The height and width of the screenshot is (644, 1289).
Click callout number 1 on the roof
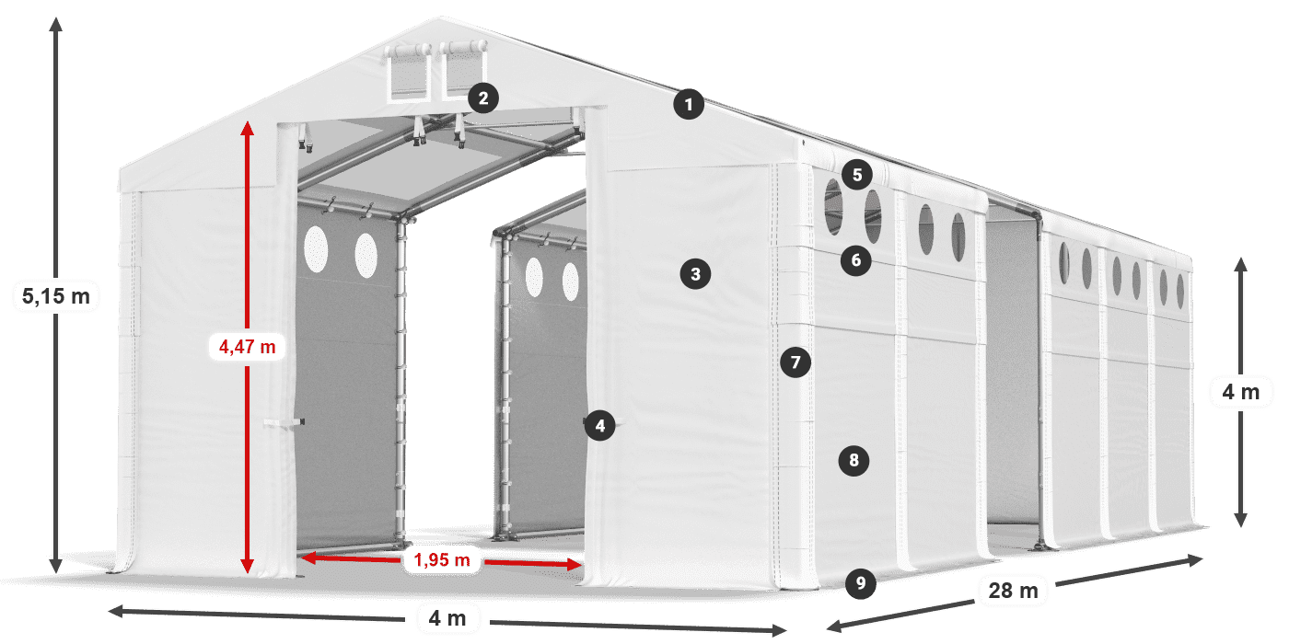[x=689, y=105]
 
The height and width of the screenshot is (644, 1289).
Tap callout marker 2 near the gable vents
[x=483, y=98]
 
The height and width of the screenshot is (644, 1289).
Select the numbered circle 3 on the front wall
[x=695, y=274]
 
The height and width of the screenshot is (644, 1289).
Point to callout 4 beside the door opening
[x=599, y=426]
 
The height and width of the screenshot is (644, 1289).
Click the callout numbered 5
[x=857, y=175]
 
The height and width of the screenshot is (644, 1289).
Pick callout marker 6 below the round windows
[x=855, y=260]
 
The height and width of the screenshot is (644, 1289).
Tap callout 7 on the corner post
[x=795, y=362]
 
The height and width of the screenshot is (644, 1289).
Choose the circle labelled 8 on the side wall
[x=854, y=461]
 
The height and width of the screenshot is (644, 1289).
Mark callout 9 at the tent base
[x=860, y=583]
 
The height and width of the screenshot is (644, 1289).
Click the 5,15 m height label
[x=56, y=296]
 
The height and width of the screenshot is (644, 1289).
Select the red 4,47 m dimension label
[x=247, y=347]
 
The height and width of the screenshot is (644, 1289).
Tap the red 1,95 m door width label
[x=442, y=559]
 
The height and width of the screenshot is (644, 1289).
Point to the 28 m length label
[x=1013, y=591]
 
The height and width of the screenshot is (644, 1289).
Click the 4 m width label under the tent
[x=447, y=618]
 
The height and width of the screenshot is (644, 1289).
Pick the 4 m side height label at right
[x=1241, y=392]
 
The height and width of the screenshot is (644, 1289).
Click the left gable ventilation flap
[x=408, y=73]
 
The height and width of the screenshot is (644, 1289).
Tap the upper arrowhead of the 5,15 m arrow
[x=56, y=24]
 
